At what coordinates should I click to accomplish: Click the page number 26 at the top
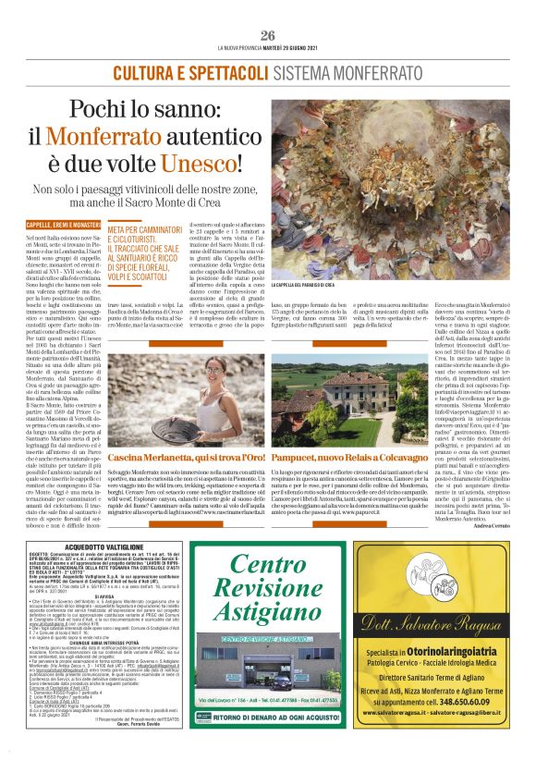pyautogui.click(x=268, y=35)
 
